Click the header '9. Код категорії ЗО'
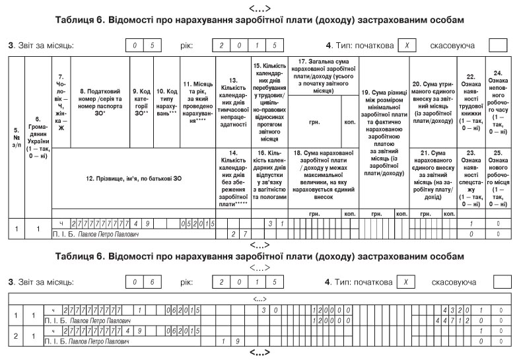tap(139, 103)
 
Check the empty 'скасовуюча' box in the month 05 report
tap(499, 46)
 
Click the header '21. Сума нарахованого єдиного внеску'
tap(433, 175)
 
